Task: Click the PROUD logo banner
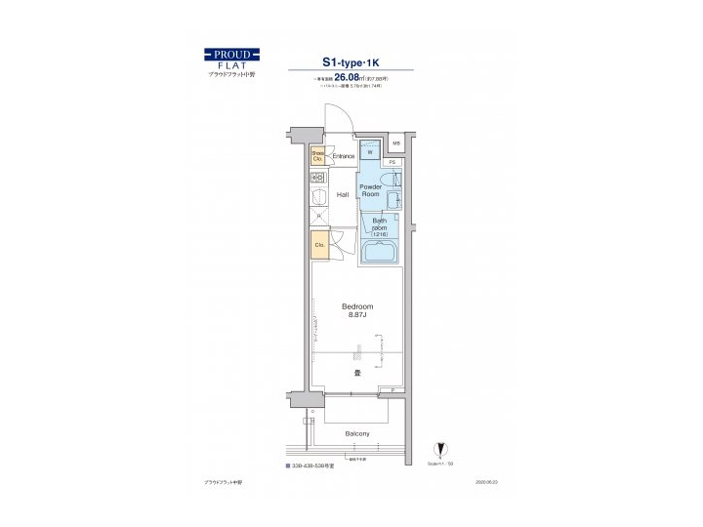click(231, 52)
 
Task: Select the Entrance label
click(343, 156)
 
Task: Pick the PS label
click(391, 161)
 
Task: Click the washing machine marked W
click(371, 150)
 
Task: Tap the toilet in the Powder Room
click(389, 181)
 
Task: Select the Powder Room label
click(371, 190)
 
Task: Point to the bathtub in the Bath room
click(378, 253)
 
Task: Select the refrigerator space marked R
click(318, 218)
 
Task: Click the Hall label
click(343, 195)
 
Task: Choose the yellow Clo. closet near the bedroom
click(319, 246)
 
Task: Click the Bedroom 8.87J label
click(357, 310)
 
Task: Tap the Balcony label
click(357, 432)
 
